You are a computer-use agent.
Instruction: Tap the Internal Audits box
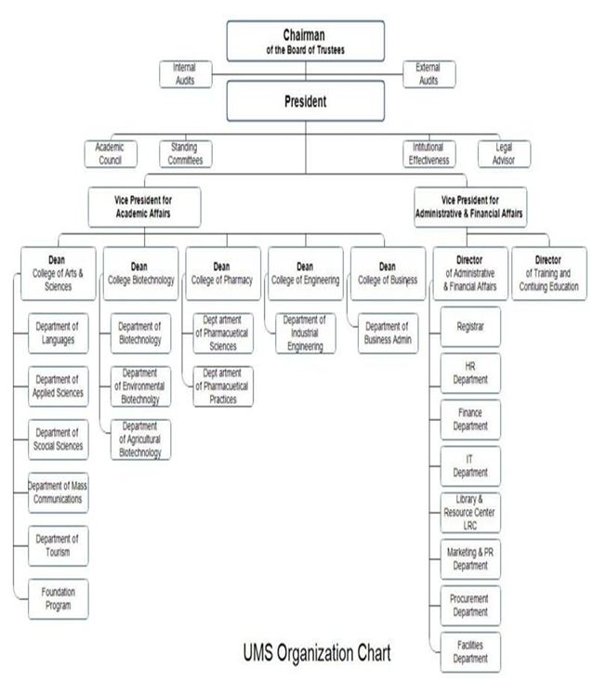185,73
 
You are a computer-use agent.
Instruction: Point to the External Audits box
428,73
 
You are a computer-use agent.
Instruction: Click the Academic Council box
111,153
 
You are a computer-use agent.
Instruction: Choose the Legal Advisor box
505,153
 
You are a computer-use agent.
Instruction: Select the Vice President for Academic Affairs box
143,206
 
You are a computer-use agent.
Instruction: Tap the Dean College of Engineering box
305,273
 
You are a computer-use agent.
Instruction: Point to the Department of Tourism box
57,546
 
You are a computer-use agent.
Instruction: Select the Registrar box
469,327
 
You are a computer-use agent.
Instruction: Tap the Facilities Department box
469,650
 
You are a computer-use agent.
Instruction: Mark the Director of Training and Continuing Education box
548,273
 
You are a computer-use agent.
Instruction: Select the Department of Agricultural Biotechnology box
140,439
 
